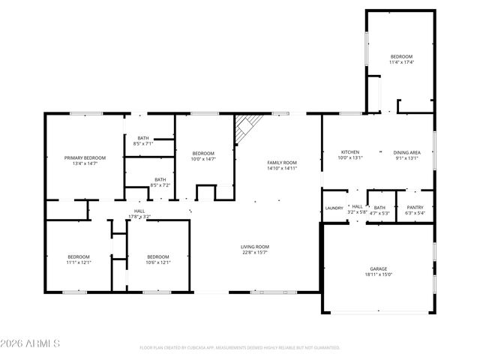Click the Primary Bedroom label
(x=85, y=157)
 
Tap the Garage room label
(x=378, y=268)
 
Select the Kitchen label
(x=349, y=152)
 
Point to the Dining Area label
(x=407, y=152)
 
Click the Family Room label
(x=283, y=163)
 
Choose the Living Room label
(x=254, y=247)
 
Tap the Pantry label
(x=415, y=208)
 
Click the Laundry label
(x=334, y=208)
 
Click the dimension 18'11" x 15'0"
(x=378, y=274)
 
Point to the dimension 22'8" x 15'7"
(x=254, y=253)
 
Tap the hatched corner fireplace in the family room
(x=245, y=129)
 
